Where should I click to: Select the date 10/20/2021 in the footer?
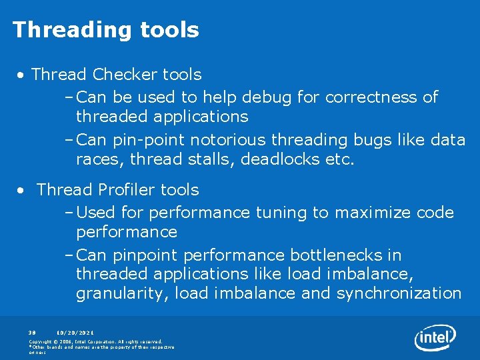pyautogui.click(x=75, y=331)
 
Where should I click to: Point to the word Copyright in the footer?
pyautogui.click(x=41, y=341)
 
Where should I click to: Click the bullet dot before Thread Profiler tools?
pyautogui.click(x=22, y=191)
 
